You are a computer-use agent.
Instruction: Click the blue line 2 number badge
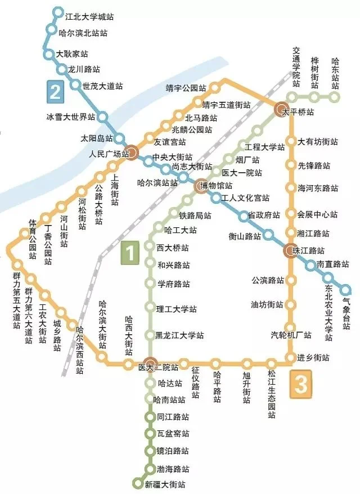click(55, 91)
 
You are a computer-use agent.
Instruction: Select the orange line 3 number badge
click(301, 385)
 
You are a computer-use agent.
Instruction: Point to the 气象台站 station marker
click(345, 290)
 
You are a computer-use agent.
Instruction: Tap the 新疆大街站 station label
click(165, 484)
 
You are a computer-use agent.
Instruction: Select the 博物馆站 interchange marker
click(200, 185)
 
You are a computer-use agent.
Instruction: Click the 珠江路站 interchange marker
click(291, 250)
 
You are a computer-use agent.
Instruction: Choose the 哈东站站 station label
click(335, 74)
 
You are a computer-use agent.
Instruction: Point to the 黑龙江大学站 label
click(180, 335)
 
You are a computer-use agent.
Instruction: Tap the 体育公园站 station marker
click(25, 233)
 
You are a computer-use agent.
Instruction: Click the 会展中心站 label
click(317, 214)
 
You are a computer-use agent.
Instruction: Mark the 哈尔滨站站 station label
click(154, 182)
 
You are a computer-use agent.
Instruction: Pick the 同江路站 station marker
click(149, 417)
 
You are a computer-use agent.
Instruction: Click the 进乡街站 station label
click(314, 358)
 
